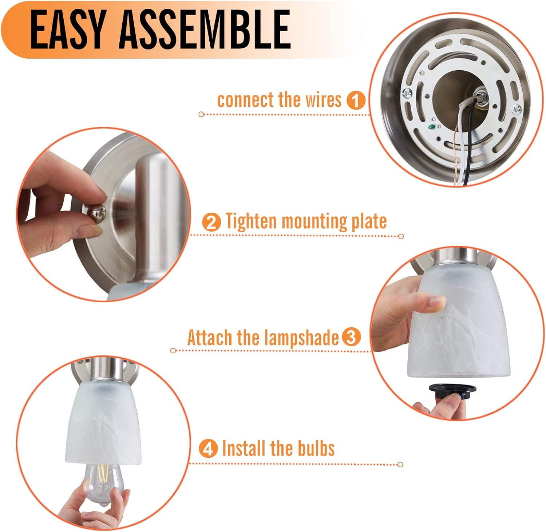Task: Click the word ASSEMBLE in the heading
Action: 205,29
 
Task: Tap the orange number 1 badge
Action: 356,100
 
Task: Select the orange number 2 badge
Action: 211,222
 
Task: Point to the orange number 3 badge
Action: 351,337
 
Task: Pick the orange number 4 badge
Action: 208,448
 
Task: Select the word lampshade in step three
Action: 301,338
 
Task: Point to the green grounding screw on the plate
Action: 431,127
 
